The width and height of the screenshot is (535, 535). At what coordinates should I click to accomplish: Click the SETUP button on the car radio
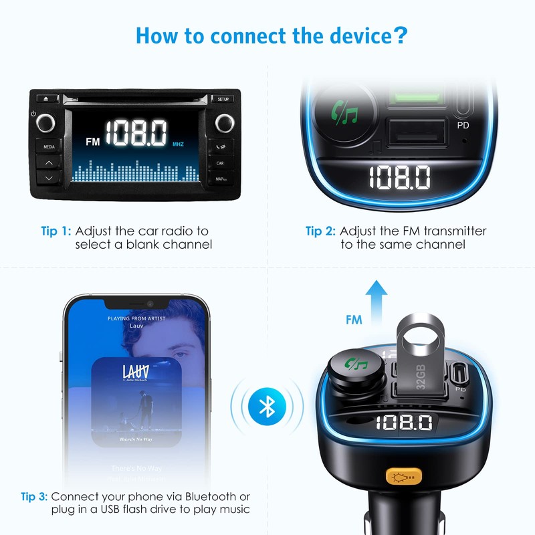(223, 99)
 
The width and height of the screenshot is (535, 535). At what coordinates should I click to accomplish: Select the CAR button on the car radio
(220, 163)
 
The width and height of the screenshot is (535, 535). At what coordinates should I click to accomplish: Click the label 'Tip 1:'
(56, 231)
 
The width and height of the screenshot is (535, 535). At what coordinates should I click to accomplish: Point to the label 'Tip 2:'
(320, 231)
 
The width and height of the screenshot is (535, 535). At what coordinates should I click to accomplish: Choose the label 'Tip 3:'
(33, 497)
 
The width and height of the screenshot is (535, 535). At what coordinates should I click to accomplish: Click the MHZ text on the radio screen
(178, 144)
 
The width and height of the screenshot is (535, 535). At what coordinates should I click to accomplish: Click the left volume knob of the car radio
(46, 123)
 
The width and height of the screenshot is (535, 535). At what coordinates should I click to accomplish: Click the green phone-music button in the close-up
(347, 112)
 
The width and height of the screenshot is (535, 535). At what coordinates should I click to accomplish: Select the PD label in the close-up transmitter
(463, 125)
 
